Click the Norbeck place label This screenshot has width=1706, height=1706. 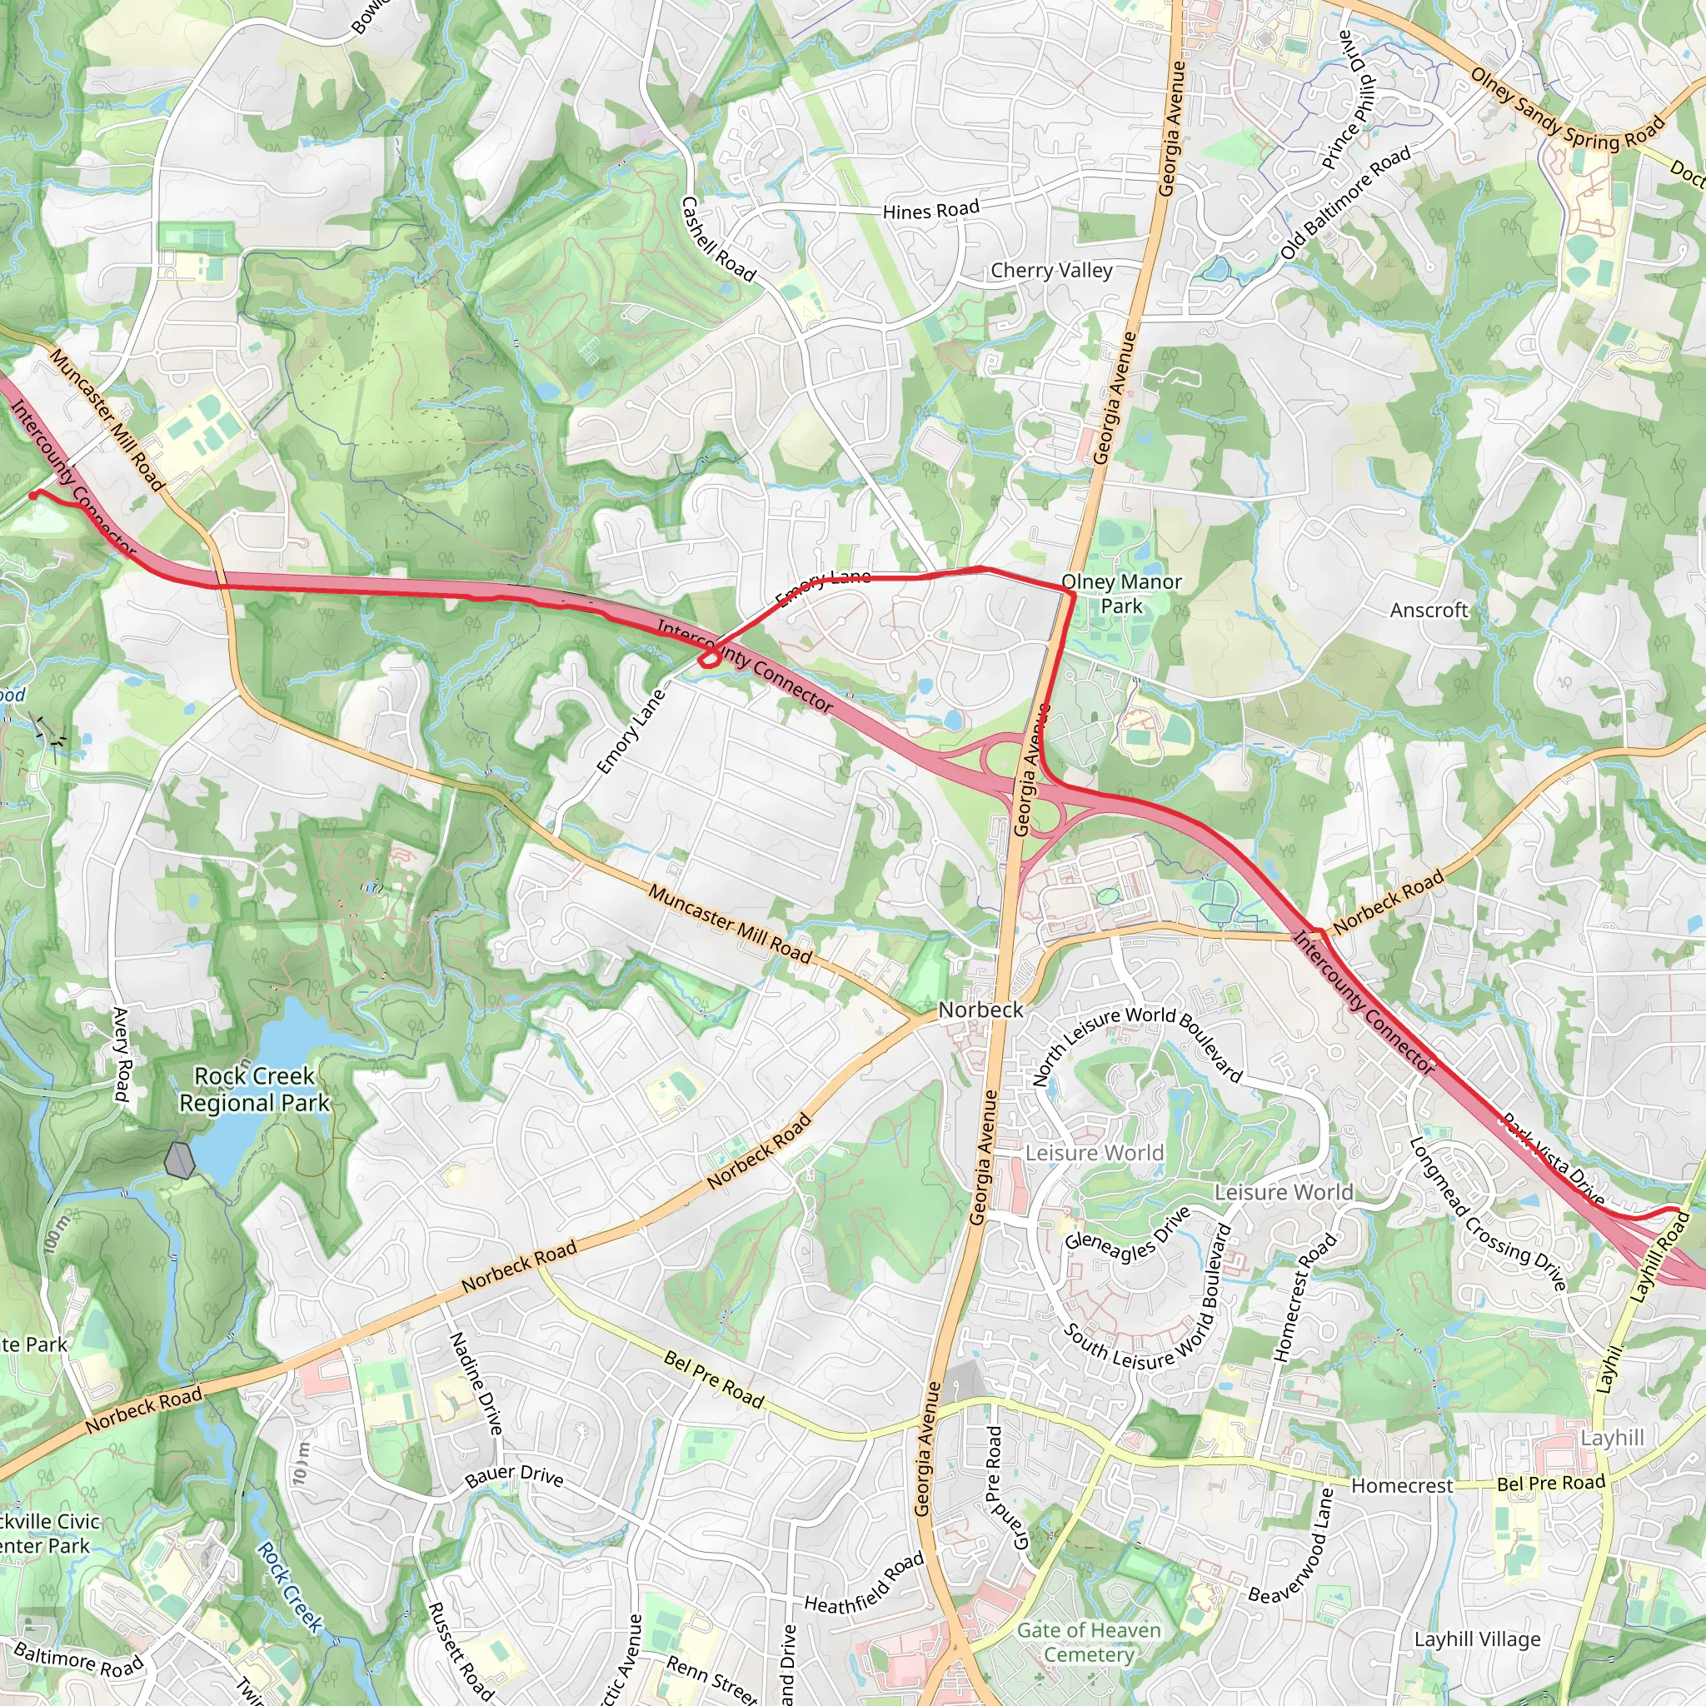coord(980,1010)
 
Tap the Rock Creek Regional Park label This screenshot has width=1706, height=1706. coord(254,1090)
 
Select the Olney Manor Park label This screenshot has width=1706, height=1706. coord(1121,593)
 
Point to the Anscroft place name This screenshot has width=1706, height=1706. coord(1429,610)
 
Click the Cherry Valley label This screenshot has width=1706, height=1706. coord(1050,271)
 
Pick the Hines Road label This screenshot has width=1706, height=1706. coord(930,210)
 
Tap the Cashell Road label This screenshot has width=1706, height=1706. coord(718,239)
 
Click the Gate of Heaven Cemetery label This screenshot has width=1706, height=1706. coord(1089,1642)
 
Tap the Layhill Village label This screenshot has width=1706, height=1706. coord(1477,1639)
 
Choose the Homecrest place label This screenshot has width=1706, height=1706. coord(1402,1486)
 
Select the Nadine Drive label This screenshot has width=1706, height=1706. coord(476,1384)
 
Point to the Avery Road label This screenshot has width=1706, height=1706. coord(121,1055)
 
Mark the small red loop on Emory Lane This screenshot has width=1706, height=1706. coord(708,659)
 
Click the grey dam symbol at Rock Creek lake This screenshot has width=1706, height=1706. coord(180,1160)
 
